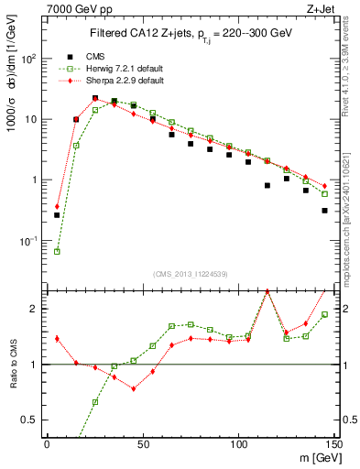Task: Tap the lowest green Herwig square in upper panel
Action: (57, 251)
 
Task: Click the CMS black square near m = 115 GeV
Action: (267, 185)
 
